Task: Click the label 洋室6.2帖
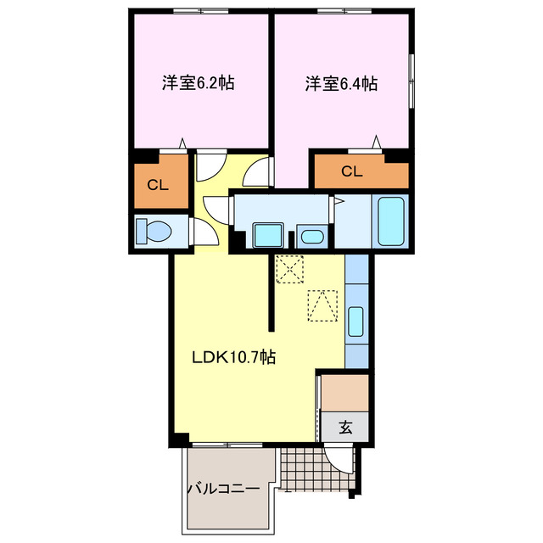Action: pos(199,84)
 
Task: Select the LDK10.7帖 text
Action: pos(232,357)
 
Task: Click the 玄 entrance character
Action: pos(345,428)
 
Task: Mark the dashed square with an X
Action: pos(290,271)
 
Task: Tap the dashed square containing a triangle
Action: pos(322,306)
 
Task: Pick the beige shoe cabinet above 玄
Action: pos(345,392)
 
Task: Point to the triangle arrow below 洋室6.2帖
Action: pos(182,143)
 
